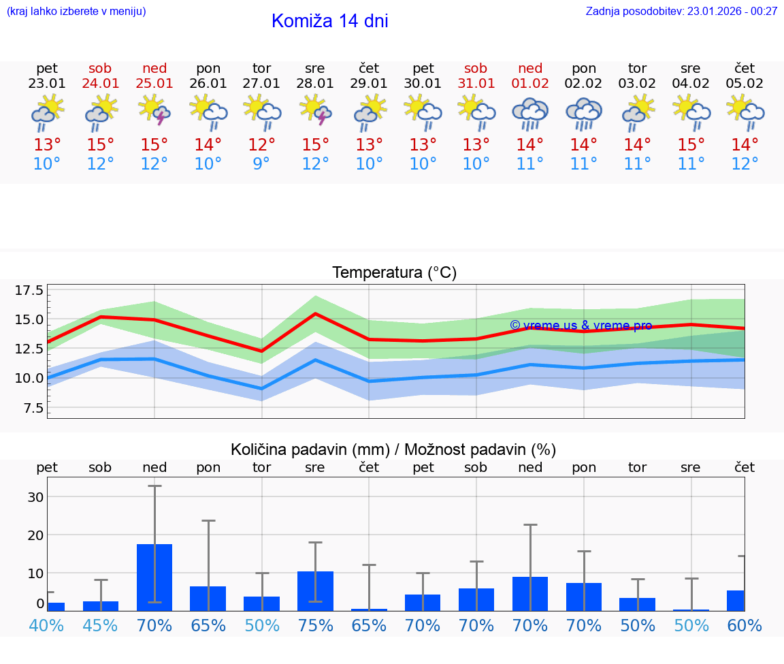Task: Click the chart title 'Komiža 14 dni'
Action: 329,21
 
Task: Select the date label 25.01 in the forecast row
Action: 154,84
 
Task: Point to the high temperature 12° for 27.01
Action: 261,145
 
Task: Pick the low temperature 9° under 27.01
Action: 261,164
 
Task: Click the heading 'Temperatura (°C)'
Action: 394,273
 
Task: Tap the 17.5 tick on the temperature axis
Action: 29,291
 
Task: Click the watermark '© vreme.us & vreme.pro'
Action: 581,326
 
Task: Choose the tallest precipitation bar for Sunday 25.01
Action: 154,577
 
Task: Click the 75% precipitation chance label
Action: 315,625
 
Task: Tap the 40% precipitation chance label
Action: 46,625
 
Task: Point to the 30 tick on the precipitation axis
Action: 35,497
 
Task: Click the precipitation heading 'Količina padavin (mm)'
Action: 310,449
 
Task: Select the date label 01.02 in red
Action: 530,84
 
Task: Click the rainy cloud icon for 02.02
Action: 584,113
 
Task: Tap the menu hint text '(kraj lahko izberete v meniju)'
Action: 76,12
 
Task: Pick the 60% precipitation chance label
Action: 745,625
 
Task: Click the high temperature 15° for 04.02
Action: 691,145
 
